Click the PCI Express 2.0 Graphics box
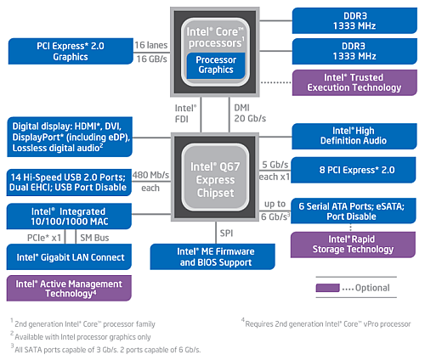tap(71, 51)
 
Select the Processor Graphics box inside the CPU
tap(216, 65)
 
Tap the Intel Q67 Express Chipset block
tap(215, 177)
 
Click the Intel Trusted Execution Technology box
tap(354, 82)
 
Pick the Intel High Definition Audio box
tap(354, 136)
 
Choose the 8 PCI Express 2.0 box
tap(354, 170)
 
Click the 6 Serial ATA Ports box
tap(354, 211)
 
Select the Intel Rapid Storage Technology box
tap(353, 245)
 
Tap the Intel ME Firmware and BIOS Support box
tap(212, 256)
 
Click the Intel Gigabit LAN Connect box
tap(69, 257)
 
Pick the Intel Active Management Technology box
tap(69, 288)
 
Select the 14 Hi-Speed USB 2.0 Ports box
tap(69, 183)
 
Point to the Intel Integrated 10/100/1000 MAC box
tap(69, 217)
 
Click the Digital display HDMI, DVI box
tap(70, 137)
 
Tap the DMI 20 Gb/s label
tap(250, 113)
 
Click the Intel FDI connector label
tap(185, 114)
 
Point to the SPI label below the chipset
tap(226, 233)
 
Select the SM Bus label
tap(94, 238)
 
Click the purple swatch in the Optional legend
tap(327, 288)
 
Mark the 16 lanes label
tap(151, 45)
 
